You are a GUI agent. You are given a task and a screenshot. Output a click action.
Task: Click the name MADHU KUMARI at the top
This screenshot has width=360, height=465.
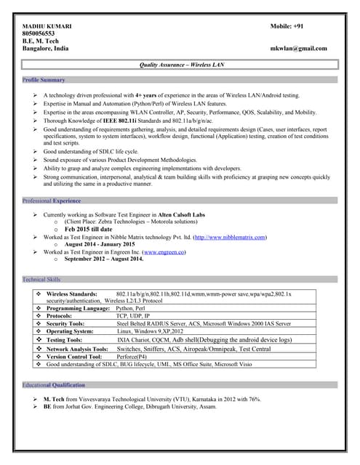(x=47, y=26)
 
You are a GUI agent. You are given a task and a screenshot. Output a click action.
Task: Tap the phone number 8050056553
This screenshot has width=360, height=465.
(x=39, y=33)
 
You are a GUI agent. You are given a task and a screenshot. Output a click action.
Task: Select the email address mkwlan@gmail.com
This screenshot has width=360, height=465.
(x=298, y=49)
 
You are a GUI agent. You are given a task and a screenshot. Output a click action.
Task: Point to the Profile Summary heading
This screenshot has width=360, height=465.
(x=44, y=80)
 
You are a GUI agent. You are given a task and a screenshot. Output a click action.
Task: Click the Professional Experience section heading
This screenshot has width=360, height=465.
(x=52, y=200)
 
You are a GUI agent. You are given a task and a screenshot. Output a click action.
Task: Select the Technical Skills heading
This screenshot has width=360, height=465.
(x=41, y=279)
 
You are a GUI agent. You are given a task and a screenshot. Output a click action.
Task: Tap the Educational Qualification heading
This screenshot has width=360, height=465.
(x=54, y=385)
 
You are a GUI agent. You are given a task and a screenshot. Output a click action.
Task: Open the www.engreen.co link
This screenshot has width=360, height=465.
(x=164, y=251)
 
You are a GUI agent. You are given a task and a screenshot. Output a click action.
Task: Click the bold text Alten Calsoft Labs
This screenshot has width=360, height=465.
(x=179, y=215)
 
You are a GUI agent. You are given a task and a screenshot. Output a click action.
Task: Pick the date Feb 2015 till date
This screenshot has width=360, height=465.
(x=89, y=230)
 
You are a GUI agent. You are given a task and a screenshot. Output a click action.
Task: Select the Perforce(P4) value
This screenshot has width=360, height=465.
(x=137, y=357)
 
